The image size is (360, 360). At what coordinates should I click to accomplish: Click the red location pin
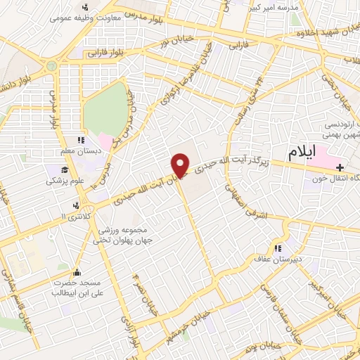[x=181, y=165]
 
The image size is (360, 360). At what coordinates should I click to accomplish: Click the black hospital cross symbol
[x=341, y=167]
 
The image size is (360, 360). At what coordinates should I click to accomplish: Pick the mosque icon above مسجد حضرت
[x=77, y=273]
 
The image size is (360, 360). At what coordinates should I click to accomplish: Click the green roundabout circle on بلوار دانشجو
[x=51, y=65]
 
